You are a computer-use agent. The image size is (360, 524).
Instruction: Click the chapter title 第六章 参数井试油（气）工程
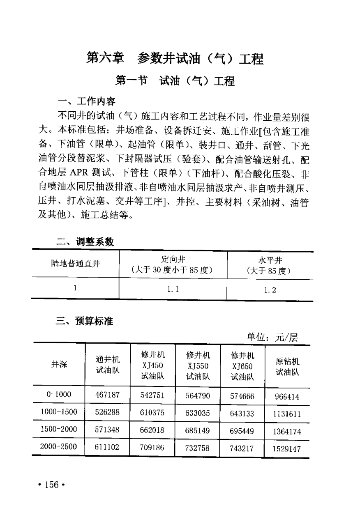coord(175,59)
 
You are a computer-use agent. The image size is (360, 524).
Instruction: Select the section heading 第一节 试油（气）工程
coord(175,81)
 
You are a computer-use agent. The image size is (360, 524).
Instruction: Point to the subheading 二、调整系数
coord(85,242)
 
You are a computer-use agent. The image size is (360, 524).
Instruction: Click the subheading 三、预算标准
coord(84,321)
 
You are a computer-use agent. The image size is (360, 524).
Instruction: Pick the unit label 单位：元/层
coord(272,338)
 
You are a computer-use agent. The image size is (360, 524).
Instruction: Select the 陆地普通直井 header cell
coord(75,264)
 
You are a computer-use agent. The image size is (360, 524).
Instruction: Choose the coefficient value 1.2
coord(270,290)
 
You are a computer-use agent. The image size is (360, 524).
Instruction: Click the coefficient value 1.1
coord(173,289)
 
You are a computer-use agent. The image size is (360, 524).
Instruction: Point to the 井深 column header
coord(59,364)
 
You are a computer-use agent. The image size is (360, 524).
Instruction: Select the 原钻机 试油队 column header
coord(287,366)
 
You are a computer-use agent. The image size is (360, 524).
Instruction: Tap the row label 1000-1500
coord(59,412)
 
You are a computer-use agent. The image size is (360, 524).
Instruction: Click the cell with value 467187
coord(107,395)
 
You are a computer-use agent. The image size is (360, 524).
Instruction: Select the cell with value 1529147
coord(287,449)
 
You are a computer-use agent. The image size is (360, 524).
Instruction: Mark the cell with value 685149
coord(198,431)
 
